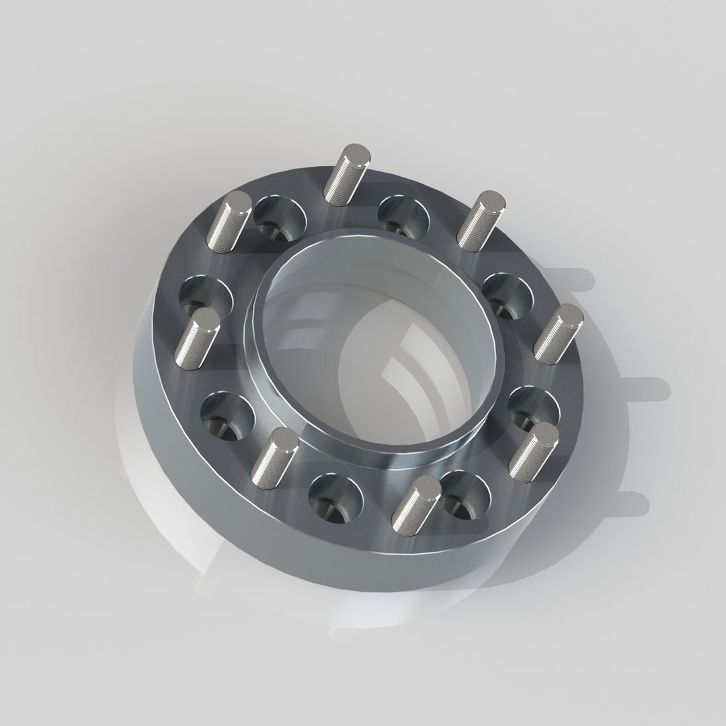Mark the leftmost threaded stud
pos(198,337)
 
